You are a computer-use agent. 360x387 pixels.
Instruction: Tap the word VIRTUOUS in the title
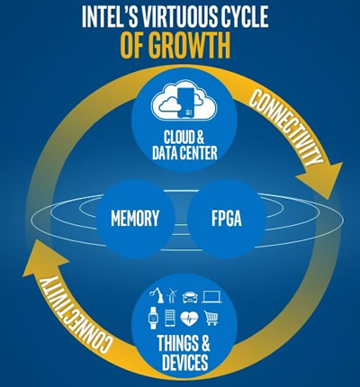[173, 18]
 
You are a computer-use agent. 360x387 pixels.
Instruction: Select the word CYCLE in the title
[240, 18]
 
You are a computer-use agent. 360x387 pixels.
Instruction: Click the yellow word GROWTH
[189, 46]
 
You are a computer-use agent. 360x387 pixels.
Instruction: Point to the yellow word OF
[132, 46]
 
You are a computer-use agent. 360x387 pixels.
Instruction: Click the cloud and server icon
[184, 99]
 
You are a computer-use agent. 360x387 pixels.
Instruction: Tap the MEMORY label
[135, 218]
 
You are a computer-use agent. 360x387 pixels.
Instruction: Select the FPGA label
[227, 218]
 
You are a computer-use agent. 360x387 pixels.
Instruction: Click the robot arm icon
[157, 295]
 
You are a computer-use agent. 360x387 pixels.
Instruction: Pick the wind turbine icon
[172, 295]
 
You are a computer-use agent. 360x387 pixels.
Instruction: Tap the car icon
[190, 297]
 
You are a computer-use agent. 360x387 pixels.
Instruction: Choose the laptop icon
[211, 297]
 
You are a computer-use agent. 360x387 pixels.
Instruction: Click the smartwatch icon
[153, 319]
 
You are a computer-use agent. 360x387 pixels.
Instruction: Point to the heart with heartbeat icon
[190, 319]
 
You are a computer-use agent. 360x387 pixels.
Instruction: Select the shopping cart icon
[211, 318]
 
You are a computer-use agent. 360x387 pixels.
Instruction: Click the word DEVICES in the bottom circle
[184, 362]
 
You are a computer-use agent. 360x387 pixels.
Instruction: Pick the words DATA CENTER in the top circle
[184, 153]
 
